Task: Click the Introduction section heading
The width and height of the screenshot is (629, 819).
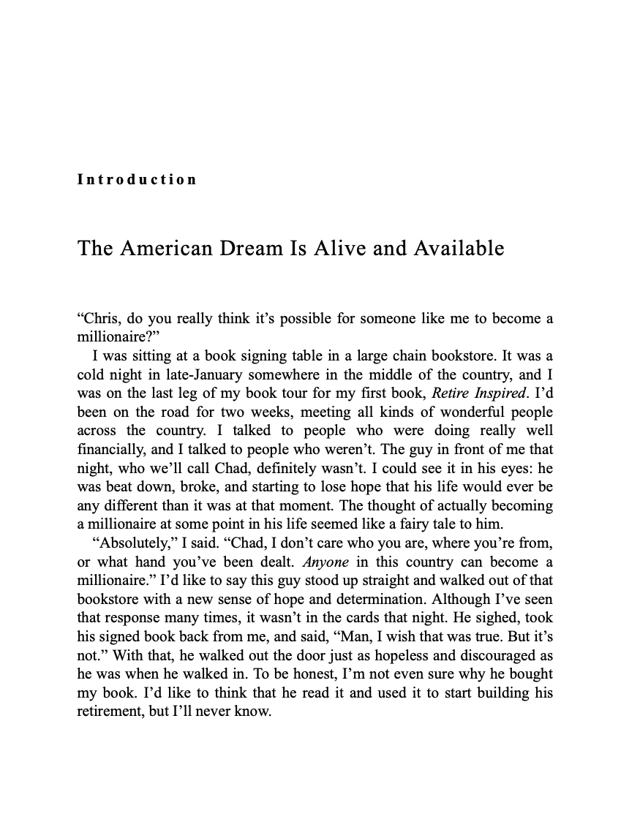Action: pyautogui.click(x=137, y=180)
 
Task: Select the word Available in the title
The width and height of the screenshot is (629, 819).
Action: pyautogui.click(x=459, y=249)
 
